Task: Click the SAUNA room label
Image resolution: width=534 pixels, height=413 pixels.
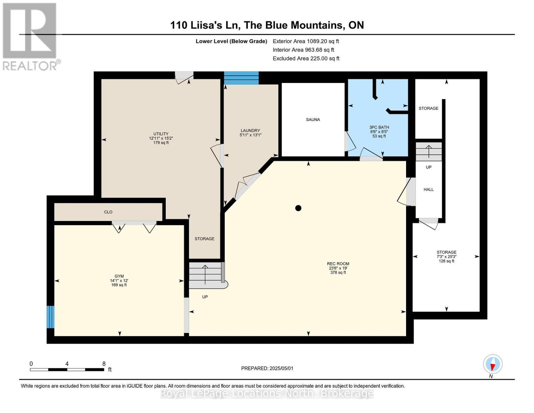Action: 313,120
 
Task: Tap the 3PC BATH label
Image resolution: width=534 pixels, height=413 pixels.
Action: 379,127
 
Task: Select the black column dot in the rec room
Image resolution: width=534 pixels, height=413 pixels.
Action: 298,208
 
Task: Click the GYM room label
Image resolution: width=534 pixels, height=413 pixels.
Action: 119,276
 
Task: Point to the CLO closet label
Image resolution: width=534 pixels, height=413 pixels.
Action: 108,212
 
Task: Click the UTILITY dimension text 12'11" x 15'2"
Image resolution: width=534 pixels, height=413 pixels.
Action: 161,138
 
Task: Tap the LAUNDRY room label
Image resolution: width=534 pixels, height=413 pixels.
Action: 250,130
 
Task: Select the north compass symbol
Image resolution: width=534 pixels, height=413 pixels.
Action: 492,364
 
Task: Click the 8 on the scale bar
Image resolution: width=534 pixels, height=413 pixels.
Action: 104,364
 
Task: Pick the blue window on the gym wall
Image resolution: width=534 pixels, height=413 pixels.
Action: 51,317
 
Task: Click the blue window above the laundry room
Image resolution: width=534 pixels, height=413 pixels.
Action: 241,78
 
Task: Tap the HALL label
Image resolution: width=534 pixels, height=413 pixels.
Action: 428,190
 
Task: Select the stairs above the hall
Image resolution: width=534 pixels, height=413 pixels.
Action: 428,152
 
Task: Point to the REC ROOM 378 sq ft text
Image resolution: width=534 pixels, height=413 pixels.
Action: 338,273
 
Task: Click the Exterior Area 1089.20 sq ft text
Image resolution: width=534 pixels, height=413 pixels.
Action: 306,41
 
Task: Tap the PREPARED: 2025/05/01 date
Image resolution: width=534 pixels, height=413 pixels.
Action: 267,368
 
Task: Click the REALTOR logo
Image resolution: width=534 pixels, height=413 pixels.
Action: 30,36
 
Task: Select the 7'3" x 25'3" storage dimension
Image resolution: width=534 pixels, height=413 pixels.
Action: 446,257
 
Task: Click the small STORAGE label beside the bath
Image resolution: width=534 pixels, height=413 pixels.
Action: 428,108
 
